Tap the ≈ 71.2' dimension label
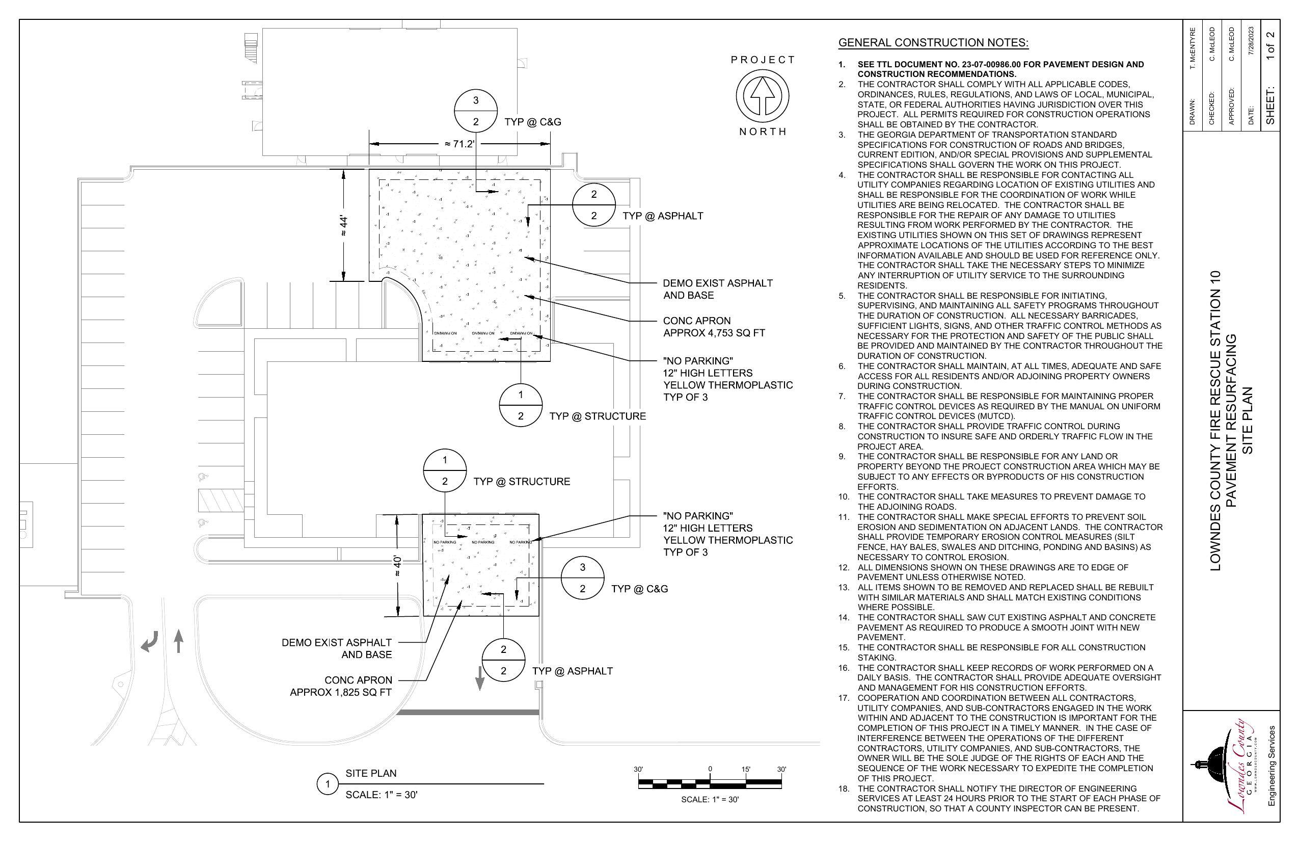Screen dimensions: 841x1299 click(x=459, y=144)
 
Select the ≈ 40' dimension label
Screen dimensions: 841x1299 click(x=398, y=566)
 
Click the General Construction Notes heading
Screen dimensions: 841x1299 click(x=933, y=43)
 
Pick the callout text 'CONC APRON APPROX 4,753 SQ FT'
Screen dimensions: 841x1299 click(x=713, y=327)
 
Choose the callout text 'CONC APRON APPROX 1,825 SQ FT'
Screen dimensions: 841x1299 click(x=341, y=687)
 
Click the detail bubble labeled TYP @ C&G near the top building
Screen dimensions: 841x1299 click(x=475, y=111)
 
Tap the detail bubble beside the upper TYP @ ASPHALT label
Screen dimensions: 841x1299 click(x=593, y=205)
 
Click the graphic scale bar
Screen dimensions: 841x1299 click(x=710, y=784)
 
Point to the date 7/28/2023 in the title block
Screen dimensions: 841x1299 click(x=1251, y=41)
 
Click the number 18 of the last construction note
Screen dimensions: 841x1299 click(x=844, y=789)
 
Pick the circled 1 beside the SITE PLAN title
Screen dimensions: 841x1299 click(x=328, y=785)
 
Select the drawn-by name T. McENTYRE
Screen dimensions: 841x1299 click(x=1193, y=48)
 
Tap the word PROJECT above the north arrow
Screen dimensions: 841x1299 click(x=763, y=60)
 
